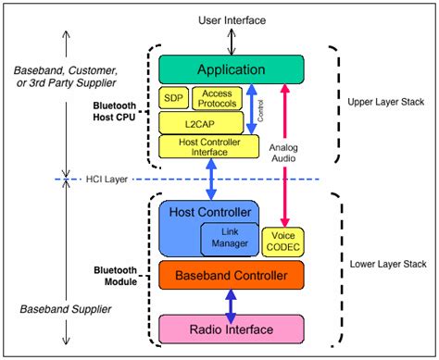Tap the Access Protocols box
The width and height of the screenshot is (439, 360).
[216, 98]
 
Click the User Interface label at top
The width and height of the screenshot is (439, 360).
[231, 19]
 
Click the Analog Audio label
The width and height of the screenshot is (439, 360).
[284, 152]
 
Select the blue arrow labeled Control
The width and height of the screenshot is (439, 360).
[251, 111]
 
